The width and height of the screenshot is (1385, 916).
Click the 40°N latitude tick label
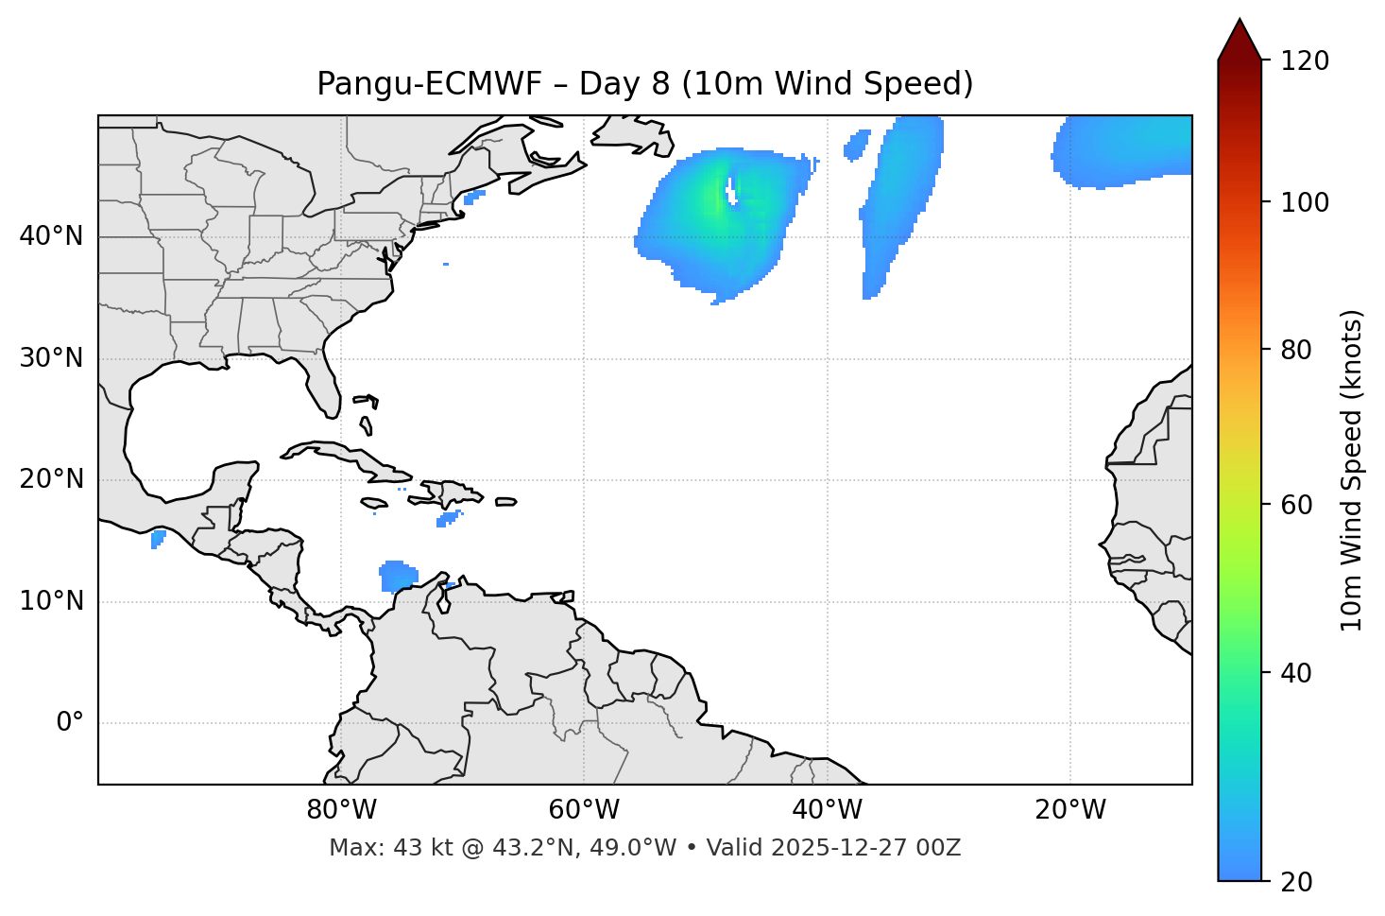(x=51, y=236)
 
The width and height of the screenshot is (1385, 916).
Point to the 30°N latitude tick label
(x=51, y=358)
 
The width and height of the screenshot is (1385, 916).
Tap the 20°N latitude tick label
(x=51, y=479)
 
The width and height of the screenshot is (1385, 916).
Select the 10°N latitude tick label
(x=51, y=601)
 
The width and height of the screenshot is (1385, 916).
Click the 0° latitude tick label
(x=70, y=723)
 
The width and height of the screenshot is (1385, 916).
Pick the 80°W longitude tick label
(x=341, y=810)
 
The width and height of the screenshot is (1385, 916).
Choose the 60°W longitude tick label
(x=584, y=810)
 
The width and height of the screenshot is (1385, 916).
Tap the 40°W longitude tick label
(x=828, y=810)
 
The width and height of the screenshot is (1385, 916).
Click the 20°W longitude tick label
(x=1070, y=810)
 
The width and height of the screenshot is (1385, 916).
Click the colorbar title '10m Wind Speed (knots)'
(x=1352, y=470)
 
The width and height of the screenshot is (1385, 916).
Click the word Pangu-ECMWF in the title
(x=429, y=84)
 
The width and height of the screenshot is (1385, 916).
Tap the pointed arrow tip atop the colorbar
(x=1240, y=23)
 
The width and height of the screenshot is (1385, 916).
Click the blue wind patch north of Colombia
(x=398, y=575)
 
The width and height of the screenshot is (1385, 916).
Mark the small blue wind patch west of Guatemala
(x=157, y=539)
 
